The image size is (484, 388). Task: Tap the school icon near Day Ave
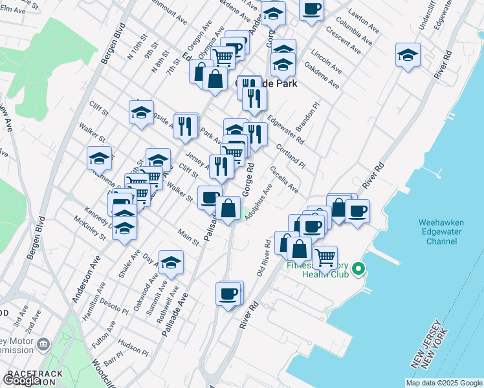pyautogui.click(x=171, y=263)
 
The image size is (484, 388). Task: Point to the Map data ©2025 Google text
pyautogui.click(x=444, y=383)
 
